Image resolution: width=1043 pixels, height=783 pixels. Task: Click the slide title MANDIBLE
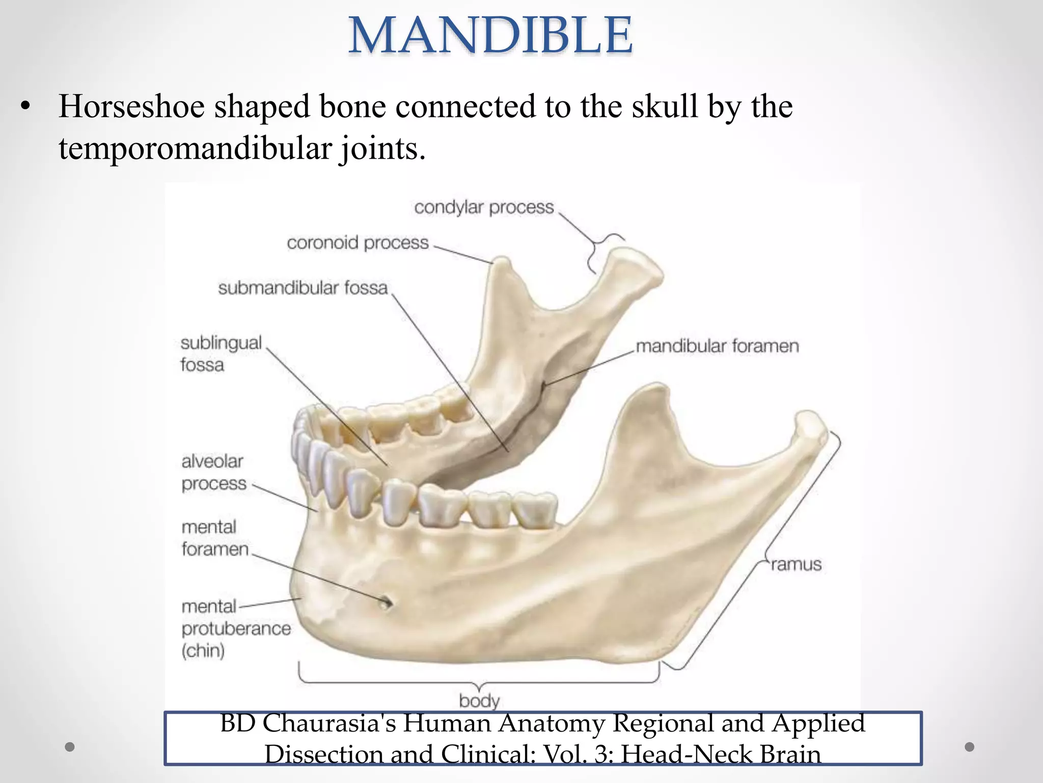click(490, 35)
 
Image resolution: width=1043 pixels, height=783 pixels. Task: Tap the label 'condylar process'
click(483, 207)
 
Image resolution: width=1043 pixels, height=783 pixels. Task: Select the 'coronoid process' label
click(358, 243)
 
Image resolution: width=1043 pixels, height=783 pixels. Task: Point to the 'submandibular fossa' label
click(303, 288)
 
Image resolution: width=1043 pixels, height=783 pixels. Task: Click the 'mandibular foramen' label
click(717, 346)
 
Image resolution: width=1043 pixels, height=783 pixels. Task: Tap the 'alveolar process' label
click(213, 472)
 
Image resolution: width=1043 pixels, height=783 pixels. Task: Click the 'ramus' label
click(796, 564)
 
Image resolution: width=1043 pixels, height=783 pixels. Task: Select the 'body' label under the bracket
click(479, 700)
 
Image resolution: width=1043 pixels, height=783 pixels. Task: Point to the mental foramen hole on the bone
click(386, 603)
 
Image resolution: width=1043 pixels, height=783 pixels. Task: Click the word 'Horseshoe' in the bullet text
click(131, 107)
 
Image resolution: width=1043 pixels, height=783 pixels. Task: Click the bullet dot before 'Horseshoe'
click(26, 107)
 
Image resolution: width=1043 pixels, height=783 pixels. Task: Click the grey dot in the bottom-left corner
click(70, 747)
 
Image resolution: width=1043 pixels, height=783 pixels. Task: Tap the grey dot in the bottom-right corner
click(970, 747)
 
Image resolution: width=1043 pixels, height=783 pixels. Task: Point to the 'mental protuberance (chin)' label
click(235, 628)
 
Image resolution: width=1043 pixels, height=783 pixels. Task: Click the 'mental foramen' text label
click(214, 538)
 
